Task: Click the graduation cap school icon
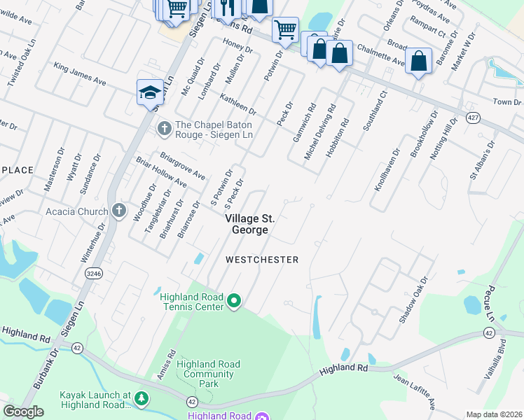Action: [150, 92]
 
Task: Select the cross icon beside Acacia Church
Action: [118, 210]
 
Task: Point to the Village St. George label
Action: [246, 224]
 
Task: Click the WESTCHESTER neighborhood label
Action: [262, 260]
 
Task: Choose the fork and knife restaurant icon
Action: [226, 7]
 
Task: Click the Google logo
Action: [23, 412]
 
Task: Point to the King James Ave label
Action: [80, 73]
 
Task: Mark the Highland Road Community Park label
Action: [208, 374]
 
